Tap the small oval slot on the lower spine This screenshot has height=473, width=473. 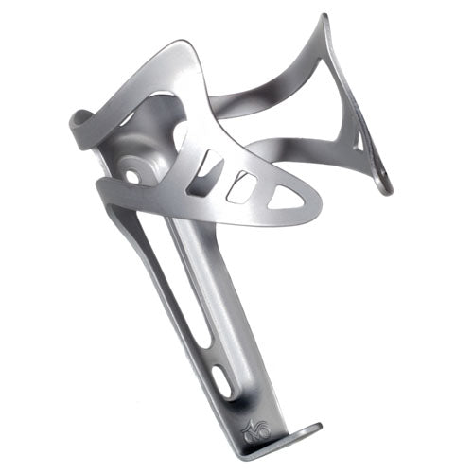click(224, 381)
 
